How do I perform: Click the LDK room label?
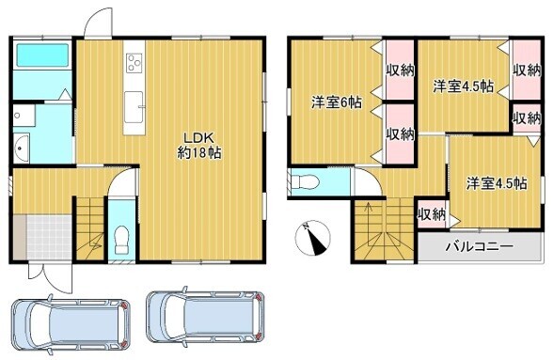[198, 145]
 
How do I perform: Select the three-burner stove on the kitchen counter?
[134, 63]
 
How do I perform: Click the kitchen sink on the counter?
[134, 107]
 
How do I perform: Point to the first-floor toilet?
[121, 240]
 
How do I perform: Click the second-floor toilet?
[304, 182]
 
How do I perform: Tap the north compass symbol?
[312, 238]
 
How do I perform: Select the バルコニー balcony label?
[479, 246]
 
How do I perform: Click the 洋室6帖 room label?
[336, 102]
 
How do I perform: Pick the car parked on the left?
[71, 322]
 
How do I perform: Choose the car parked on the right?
[206, 317]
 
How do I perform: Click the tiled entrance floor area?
[49, 237]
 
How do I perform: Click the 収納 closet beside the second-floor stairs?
[432, 214]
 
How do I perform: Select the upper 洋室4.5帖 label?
[463, 86]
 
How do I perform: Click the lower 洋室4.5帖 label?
[497, 183]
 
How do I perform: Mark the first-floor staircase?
[90, 228]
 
